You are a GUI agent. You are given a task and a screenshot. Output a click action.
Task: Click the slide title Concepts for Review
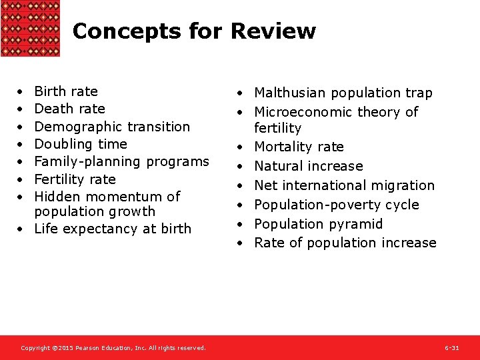coord(193,31)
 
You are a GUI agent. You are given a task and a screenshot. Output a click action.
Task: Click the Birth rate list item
coord(65,91)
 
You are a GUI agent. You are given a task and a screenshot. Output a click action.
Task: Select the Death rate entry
coord(69,109)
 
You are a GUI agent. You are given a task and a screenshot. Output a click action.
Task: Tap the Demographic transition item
coord(111,127)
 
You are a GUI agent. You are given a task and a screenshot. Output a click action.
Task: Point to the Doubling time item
coord(80,144)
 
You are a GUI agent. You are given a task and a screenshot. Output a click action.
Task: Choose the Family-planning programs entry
coord(121,161)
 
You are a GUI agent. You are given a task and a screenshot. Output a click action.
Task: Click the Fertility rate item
coord(75,179)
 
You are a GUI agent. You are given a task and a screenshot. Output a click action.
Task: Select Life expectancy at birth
coord(112,229)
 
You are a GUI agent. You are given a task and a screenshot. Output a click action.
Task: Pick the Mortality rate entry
coord(299,147)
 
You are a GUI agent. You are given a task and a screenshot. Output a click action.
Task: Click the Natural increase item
coord(308,166)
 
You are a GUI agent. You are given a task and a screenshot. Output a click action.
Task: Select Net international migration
coord(344,185)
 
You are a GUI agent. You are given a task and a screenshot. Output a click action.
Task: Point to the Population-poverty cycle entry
coord(336,205)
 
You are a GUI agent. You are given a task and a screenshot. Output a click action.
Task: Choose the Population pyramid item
coord(318,224)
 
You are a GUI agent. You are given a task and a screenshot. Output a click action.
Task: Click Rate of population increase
coord(345,243)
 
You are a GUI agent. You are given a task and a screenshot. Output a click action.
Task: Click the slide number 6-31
coord(451,348)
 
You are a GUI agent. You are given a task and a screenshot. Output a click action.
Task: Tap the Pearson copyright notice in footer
coord(113,348)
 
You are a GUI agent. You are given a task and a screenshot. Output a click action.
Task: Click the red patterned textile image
coord(30,28)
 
